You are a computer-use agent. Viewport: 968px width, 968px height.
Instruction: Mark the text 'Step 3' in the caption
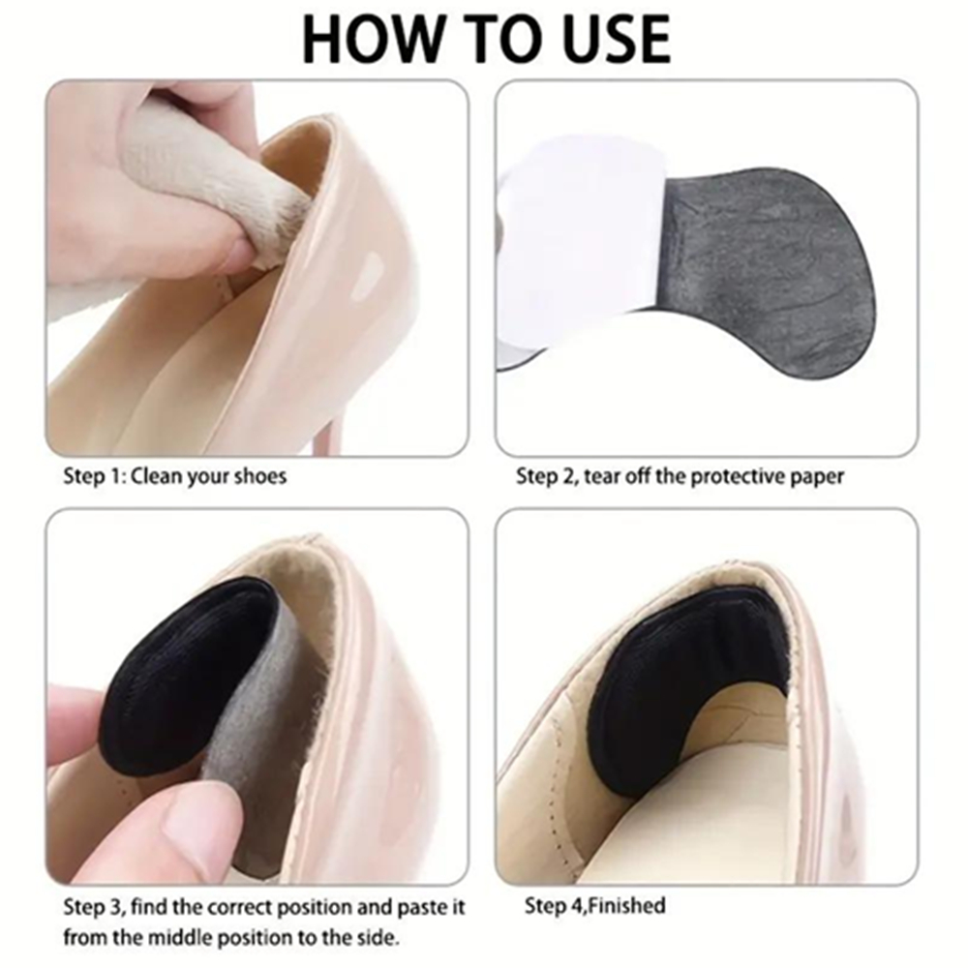(93, 908)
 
